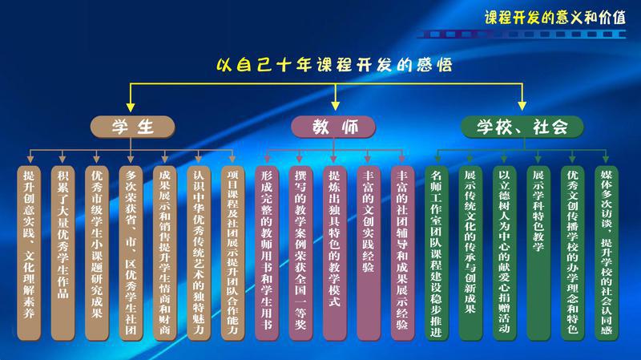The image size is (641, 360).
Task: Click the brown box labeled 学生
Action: coord(132,127)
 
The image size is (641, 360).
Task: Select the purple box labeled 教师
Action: coord(333,127)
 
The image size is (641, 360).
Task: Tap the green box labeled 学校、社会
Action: coord(522,127)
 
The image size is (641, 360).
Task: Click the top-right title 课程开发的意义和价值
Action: coord(554,17)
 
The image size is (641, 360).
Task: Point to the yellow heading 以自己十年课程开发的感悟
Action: coord(334,65)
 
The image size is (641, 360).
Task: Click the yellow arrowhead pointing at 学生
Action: coord(131,107)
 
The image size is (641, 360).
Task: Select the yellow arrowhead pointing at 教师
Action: coord(335,106)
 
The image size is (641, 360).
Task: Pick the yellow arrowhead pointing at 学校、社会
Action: coord(522,106)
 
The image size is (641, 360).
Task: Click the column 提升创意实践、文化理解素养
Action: coord(29,253)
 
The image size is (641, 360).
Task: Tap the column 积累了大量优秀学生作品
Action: coord(63,253)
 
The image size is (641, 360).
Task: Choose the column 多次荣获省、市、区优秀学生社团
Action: coord(131,253)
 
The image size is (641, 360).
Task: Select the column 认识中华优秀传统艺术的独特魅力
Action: coord(199,253)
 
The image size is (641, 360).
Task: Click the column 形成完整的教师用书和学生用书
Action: coord(267,253)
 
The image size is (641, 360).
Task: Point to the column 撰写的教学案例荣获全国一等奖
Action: coord(300,253)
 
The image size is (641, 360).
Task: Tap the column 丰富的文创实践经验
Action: coord(369,253)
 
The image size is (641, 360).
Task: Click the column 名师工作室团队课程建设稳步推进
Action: coord(436,253)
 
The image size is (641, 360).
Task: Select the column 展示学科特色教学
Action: coord(538,253)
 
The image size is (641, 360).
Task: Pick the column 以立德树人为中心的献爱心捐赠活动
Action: coord(504,253)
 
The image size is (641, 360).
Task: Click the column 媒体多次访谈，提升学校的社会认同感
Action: coord(606,253)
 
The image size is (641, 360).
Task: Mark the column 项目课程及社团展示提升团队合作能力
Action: coord(232,253)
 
